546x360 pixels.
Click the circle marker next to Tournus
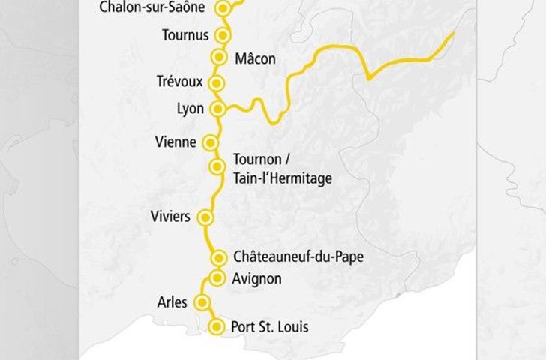[221, 35]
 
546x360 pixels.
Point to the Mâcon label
[255, 58]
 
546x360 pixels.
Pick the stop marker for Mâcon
[219, 57]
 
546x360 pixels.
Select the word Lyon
[190, 109]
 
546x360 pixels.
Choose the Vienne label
[175, 142]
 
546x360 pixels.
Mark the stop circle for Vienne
[211, 142]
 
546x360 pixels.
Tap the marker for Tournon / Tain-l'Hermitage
[217, 166]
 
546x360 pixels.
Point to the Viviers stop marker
[204, 217]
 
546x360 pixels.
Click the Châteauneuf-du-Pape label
[298, 257]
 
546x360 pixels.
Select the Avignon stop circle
[217, 278]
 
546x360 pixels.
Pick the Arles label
[172, 302]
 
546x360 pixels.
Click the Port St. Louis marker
[217, 327]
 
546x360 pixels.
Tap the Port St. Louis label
[270, 327]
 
